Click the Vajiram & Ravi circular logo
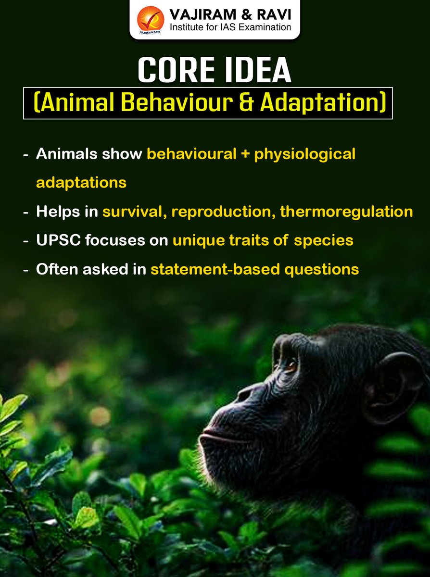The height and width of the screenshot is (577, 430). pyautogui.click(x=151, y=20)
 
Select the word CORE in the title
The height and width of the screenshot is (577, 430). pyautogui.click(x=171, y=70)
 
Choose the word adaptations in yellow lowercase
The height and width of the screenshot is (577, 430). pyautogui.click(x=81, y=183)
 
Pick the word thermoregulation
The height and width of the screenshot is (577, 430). pyautogui.click(x=346, y=212)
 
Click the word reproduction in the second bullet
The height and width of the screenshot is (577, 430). pyautogui.click(x=223, y=212)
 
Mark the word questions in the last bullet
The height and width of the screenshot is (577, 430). pyautogui.click(x=321, y=269)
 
